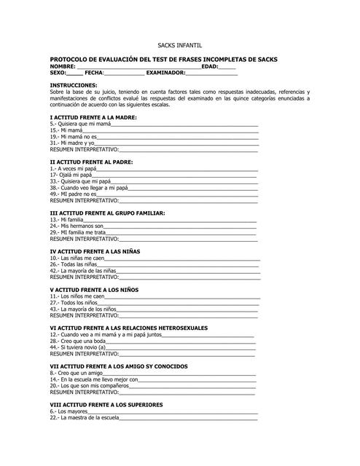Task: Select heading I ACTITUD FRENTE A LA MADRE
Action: click(93, 117)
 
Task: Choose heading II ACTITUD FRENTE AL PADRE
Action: click(91, 162)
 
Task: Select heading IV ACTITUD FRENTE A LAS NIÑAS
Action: click(95, 251)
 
